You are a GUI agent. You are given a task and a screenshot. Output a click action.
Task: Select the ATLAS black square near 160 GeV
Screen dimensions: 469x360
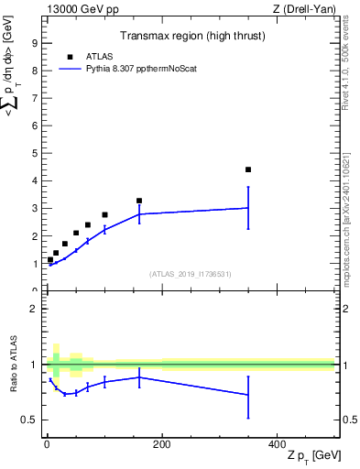point(139,201)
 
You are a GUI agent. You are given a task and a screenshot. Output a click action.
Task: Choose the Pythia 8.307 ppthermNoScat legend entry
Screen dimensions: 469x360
point(130,68)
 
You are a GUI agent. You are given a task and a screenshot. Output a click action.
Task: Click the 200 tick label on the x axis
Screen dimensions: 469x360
point(161,444)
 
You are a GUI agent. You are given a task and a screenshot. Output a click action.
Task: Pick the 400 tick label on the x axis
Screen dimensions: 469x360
point(277,444)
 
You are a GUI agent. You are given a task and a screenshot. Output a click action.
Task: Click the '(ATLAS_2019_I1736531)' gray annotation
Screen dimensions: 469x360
point(189,274)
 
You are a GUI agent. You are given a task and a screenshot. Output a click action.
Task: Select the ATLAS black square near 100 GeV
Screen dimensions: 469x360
point(104,214)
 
